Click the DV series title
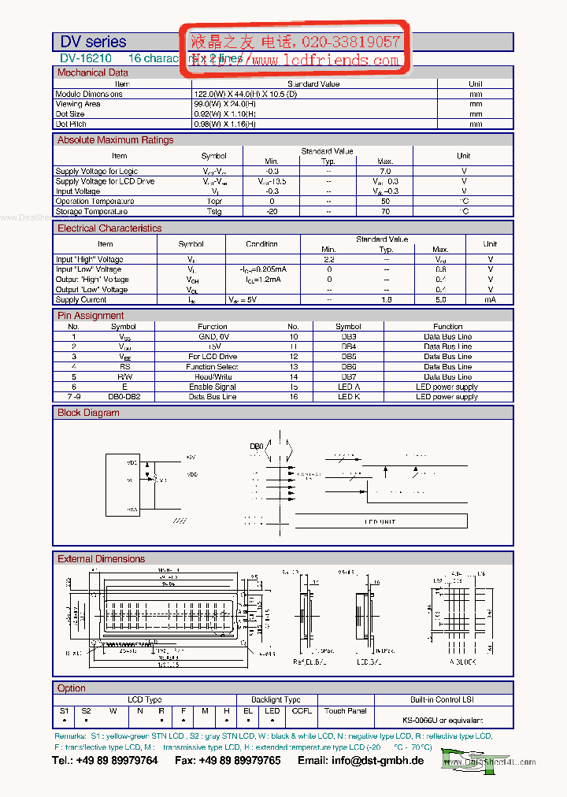tap(93, 42)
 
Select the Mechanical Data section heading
tap(92, 72)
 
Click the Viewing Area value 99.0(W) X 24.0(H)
tap(224, 104)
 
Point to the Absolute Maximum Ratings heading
tap(115, 140)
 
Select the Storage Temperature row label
tap(91, 211)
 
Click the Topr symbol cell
tap(214, 201)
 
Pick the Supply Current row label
tap(81, 299)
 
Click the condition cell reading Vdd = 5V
tap(243, 299)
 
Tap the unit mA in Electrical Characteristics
tap(490, 299)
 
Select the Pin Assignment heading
tap(91, 316)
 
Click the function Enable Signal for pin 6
tap(212, 387)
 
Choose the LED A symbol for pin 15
tap(348, 387)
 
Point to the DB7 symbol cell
tap(348, 376)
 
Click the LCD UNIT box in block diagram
tap(380, 521)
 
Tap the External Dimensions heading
tap(101, 559)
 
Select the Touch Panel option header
tap(345, 710)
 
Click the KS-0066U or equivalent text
tap(443, 721)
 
